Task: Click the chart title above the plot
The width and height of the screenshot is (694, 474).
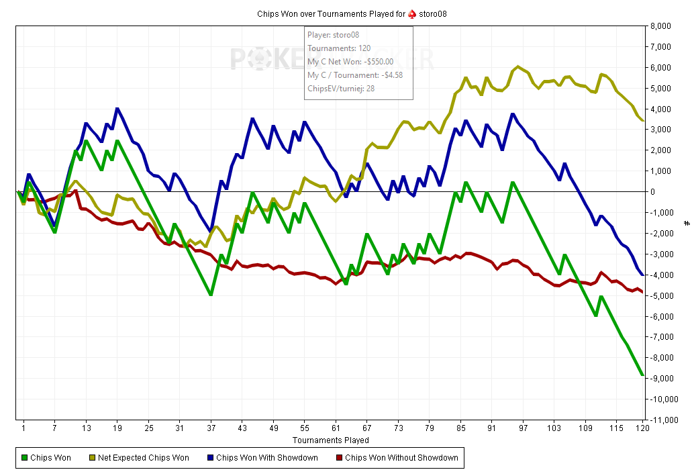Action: (352, 14)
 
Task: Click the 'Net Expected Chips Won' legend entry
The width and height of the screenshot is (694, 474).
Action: (139, 458)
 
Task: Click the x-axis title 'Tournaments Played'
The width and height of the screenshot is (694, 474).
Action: (330, 440)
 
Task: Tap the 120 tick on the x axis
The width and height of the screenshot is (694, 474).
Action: (642, 428)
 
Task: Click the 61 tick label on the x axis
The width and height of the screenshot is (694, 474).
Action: (336, 428)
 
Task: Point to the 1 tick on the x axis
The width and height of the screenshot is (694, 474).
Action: (23, 428)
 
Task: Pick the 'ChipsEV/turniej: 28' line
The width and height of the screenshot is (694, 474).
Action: (341, 89)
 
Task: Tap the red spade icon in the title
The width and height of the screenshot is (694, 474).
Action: (412, 14)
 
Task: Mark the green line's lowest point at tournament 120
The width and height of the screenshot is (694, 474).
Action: (642, 375)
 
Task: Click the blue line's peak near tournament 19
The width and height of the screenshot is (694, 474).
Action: (117, 108)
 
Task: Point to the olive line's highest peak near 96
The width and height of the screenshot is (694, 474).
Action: (517, 66)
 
